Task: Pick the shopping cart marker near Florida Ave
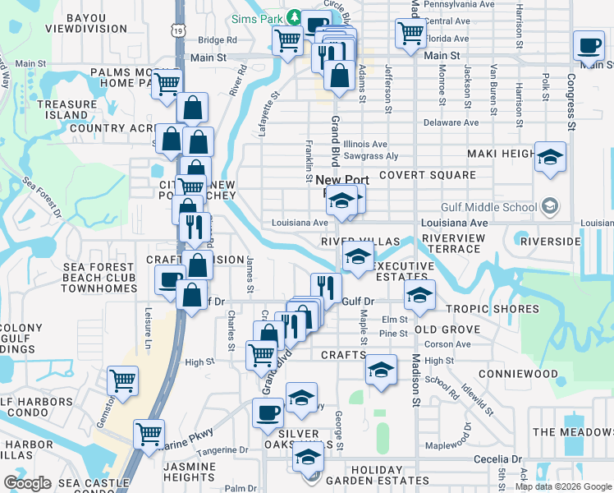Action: tap(410, 35)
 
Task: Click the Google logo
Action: tap(28, 483)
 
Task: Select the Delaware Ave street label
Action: tap(451, 123)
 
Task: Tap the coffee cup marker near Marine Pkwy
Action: tap(267, 412)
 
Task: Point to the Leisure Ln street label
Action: tap(149, 324)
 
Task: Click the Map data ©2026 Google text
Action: tap(563, 486)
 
